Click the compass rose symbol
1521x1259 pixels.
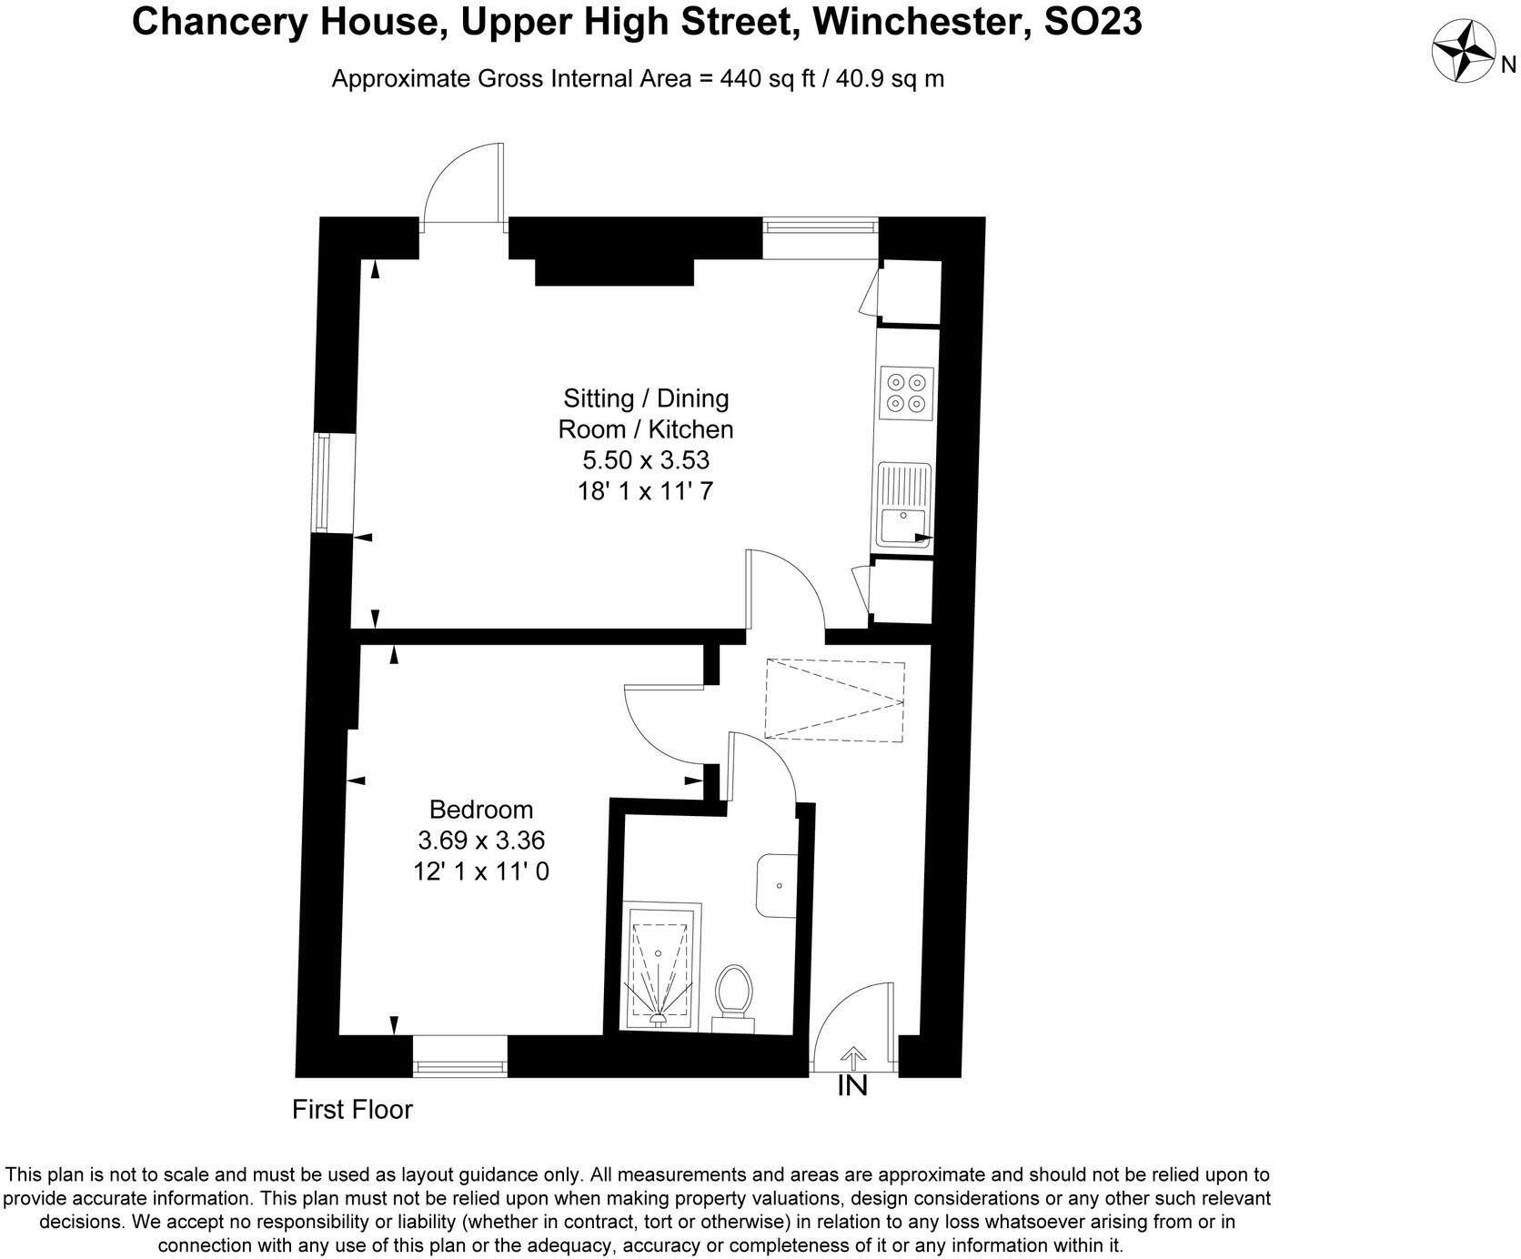(x=1465, y=53)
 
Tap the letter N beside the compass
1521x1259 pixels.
(x=1507, y=65)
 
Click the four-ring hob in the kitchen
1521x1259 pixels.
(x=907, y=393)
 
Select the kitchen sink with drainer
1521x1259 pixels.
(x=902, y=505)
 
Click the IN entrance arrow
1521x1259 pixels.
(x=852, y=1058)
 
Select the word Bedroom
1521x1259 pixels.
(x=481, y=809)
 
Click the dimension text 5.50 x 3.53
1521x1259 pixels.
(x=646, y=459)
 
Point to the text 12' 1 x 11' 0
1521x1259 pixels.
(x=481, y=871)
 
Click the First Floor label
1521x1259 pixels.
(x=352, y=1110)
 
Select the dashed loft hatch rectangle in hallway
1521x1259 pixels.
(x=834, y=700)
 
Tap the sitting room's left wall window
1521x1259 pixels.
(x=323, y=483)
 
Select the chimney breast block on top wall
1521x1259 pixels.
(x=615, y=270)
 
